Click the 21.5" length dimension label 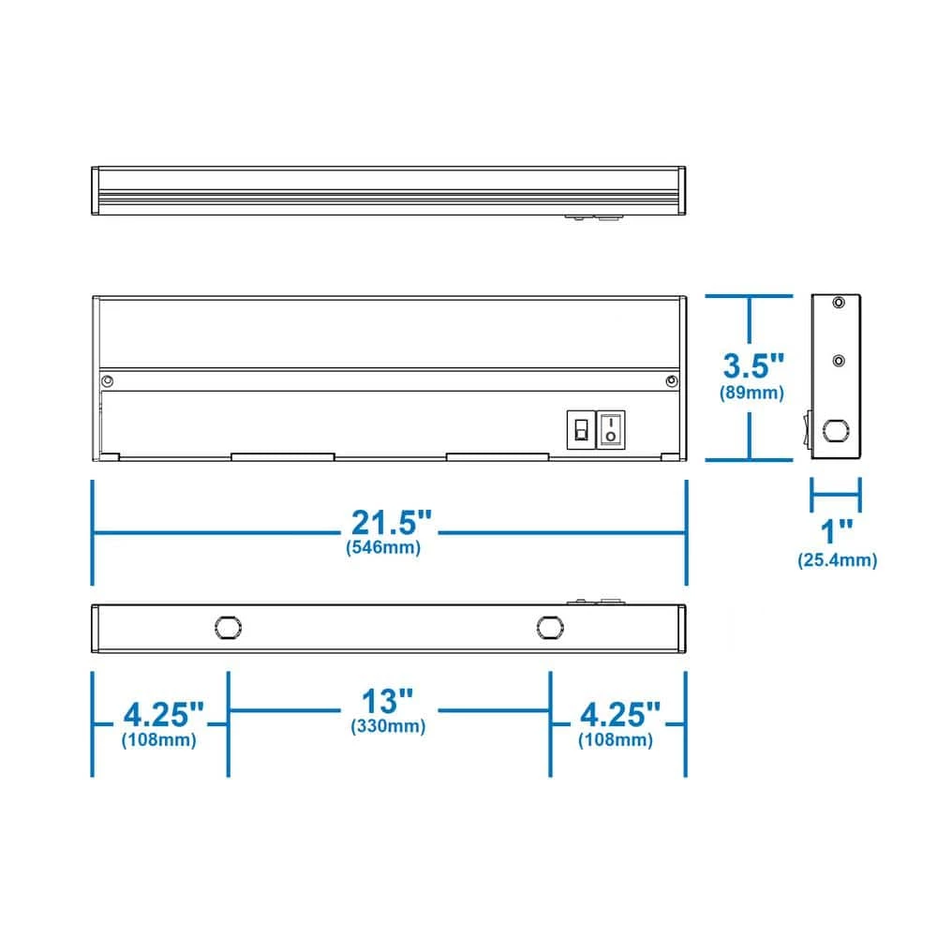(x=391, y=523)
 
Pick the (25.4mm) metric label (x=837, y=560)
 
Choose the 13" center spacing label (x=387, y=701)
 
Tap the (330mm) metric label (x=387, y=726)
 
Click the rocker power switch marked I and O (x=610, y=429)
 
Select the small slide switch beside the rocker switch (x=580, y=430)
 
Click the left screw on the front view (x=109, y=380)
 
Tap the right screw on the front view (x=671, y=380)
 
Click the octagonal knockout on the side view (x=831, y=432)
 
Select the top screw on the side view (x=839, y=302)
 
